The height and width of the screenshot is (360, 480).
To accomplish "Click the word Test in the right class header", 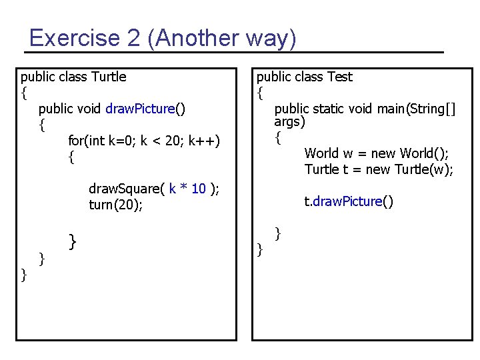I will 340,77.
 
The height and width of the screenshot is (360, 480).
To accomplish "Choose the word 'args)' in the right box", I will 289,122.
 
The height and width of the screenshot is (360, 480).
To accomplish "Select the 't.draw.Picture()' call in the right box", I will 349,201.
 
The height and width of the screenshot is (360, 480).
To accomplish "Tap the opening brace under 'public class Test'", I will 260,92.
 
